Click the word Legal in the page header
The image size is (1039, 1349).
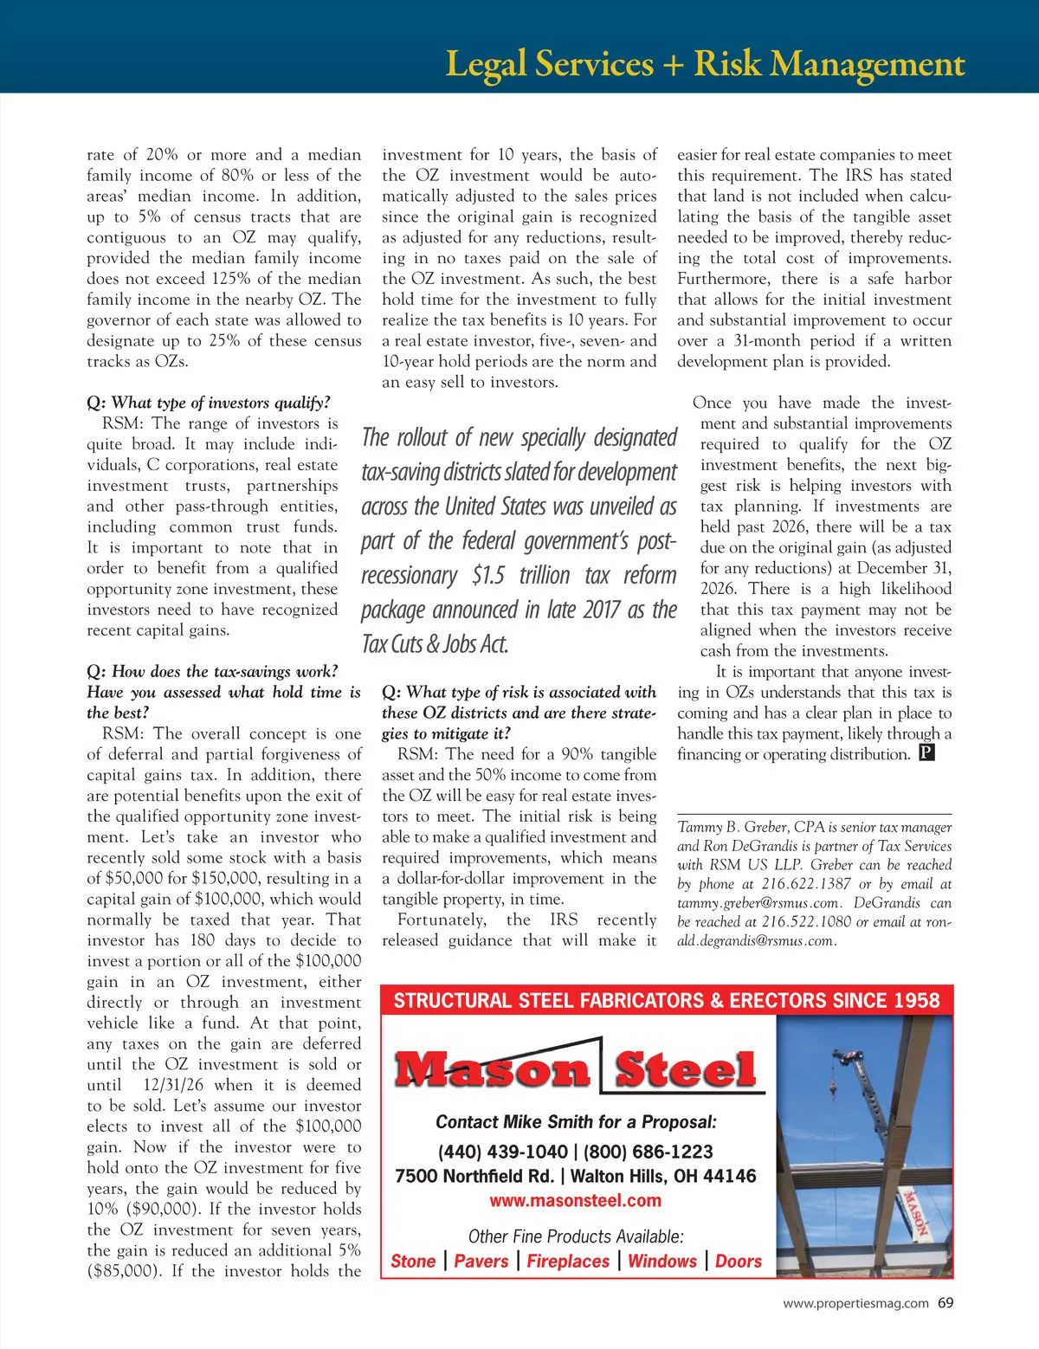click(485, 65)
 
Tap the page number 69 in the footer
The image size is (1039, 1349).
click(945, 1302)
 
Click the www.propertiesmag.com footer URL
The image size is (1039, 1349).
click(855, 1303)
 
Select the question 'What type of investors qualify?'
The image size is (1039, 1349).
click(208, 403)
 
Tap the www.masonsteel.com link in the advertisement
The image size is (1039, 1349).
click(575, 1201)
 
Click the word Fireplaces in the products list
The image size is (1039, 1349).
click(568, 1262)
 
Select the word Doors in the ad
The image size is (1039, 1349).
click(738, 1262)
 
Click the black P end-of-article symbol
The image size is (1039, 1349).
click(926, 753)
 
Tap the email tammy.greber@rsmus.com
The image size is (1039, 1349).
click(758, 903)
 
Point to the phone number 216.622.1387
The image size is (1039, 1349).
click(806, 884)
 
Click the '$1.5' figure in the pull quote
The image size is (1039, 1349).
click(489, 576)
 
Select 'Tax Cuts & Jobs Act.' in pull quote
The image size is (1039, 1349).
click(435, 644)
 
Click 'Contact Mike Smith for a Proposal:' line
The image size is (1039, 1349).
click(576, 1122)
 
